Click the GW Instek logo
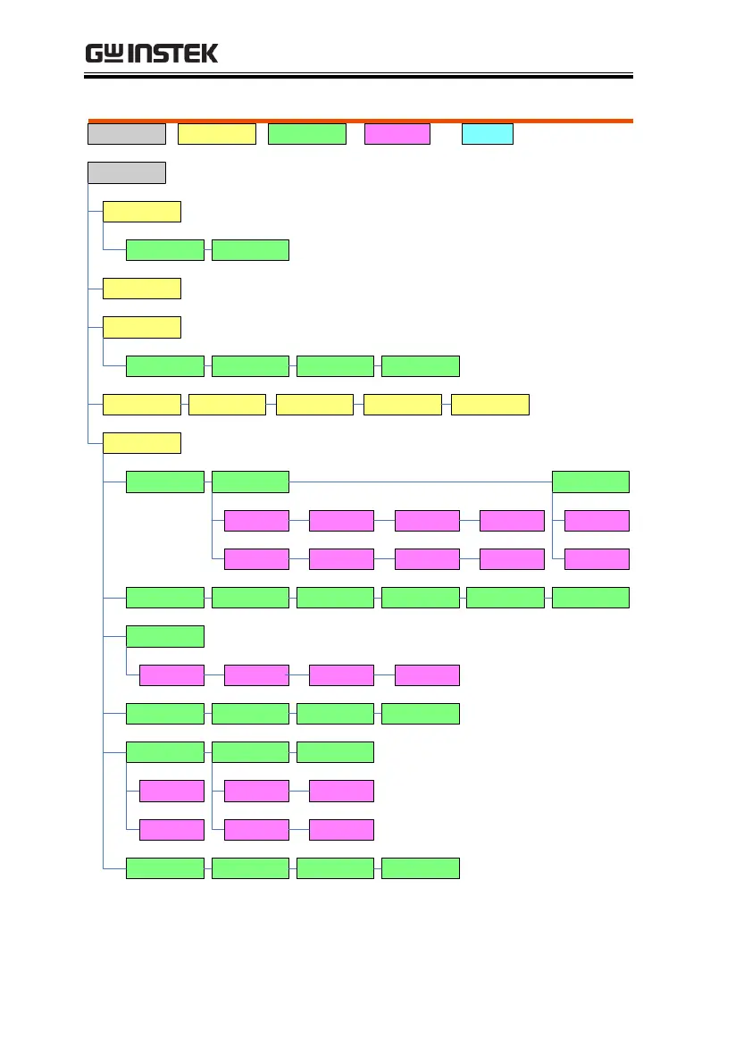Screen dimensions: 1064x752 [x=151, y=54]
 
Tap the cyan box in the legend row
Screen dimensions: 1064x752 [x=487, y=134]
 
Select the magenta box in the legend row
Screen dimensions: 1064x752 [x=397, y=134]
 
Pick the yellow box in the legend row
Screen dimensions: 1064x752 [x=217, y=134]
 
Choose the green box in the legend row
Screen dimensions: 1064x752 [x=307, y=134]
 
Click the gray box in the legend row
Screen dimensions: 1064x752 [x=126, y=134]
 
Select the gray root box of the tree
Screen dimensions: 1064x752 [x=126, y=172]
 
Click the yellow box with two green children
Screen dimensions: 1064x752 [x=142, y=212]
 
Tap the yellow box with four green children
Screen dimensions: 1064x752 [x=142, y=327]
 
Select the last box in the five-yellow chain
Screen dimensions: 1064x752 [x=490, y=404]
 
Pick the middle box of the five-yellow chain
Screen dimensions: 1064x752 [x=314, y=404]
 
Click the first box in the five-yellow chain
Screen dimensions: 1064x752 [x=142, y=404]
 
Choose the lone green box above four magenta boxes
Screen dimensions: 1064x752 [x=165, y=636]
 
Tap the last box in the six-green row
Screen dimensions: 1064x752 [x=590, y=598]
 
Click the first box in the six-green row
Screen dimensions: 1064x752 [x=165, y=598]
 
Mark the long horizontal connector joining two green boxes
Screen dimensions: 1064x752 [x=420, y=482]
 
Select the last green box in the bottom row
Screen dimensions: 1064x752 [x=420, y=867]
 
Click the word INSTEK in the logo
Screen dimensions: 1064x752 [x=173, y=54]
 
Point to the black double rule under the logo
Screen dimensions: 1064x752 [x=358, y=77]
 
